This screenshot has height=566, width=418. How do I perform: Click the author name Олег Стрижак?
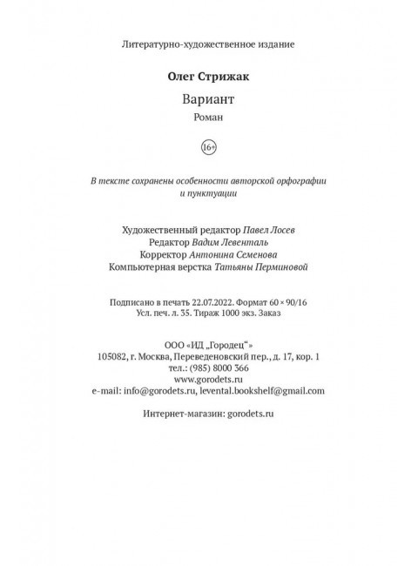coord(208,78)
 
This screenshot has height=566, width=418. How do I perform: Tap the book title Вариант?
coord(208,99)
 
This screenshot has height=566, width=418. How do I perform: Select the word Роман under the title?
coord(208,118)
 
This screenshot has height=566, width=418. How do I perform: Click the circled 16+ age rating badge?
coord(208,149)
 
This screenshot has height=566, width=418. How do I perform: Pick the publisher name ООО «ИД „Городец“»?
coord(208,342)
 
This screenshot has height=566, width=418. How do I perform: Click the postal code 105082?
coord(118,355)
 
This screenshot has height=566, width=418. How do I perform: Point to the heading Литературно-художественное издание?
coord(208,43)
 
